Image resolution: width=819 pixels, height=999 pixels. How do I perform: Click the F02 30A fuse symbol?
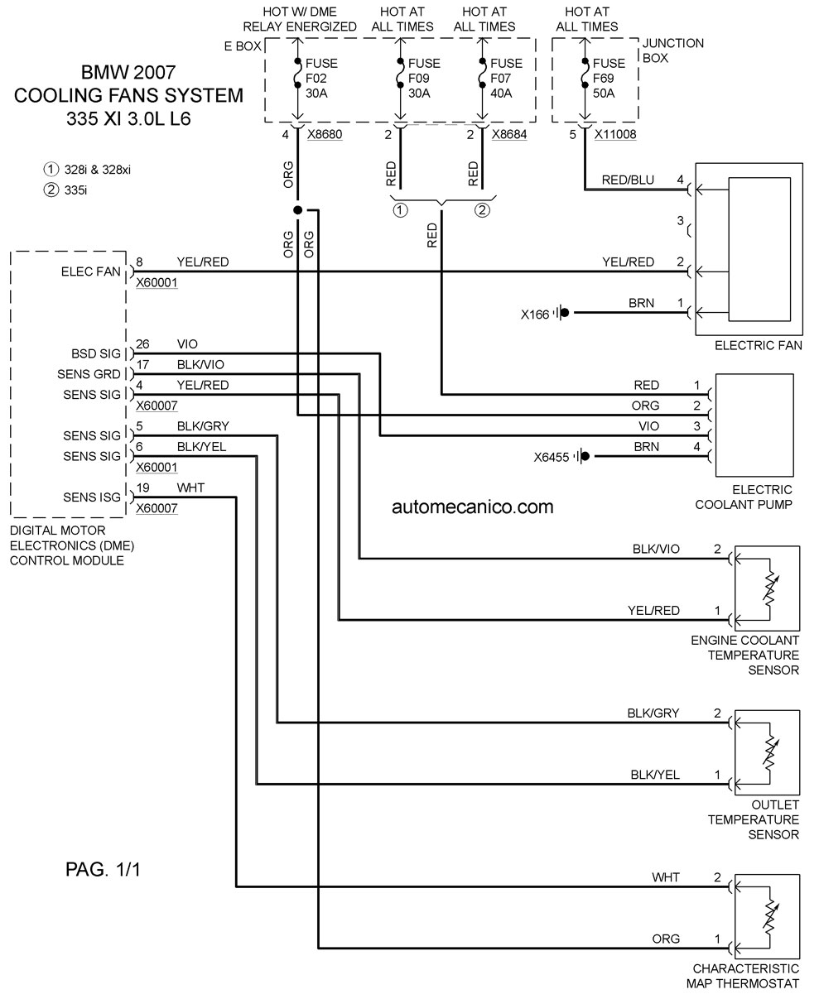pyautogui.click(x=297, y=74)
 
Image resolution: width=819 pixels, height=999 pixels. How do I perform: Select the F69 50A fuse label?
pyautogui.click(x=609, y=78)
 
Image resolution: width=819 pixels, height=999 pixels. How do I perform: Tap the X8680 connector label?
pyautogui.click(x=325, y=135)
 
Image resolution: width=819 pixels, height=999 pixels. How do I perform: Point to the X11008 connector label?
pyautogui.click(x=615, y=135)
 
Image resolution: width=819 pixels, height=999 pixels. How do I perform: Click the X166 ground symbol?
pyautogui.click(x=561, y=313)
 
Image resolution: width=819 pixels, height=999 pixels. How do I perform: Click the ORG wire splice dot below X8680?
pyautogui.click(x=297, y=210)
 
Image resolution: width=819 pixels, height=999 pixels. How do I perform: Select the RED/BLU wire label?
pyautogui.click(x=628, y=180)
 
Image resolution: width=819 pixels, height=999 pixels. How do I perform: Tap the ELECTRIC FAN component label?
pyautogui.click(x=759, y=345)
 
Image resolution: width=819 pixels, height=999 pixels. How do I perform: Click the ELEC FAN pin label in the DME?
pyautogui.click(x=90, y=271)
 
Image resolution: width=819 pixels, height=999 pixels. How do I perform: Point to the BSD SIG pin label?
pyautogui.click(x=96, y=354)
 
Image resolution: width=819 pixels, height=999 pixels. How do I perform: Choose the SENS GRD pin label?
pyautogui.click(x=89, y=374)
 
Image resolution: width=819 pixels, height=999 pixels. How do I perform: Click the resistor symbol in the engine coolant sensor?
pyautogui.click(x=770, y=588)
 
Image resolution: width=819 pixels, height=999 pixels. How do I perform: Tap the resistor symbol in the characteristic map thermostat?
pyautogui.click(x=770, y=916)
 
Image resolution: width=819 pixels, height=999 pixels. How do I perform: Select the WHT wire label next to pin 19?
pyautogui.click(x=190, y=487)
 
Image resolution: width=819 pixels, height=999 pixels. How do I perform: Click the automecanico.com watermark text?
pyautogui.click(x=473, y=507)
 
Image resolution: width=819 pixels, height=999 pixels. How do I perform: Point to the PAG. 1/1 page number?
pyautogui.click(x=103, y=870)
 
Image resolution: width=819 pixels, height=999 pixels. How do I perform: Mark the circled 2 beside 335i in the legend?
pyautogui.click(x=51, y=190)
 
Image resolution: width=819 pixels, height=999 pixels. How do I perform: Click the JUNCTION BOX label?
pyautogui.click(x=673, y=50)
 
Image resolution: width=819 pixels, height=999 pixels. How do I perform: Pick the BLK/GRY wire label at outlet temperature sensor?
pyautogui.click(x=653, y=713)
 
